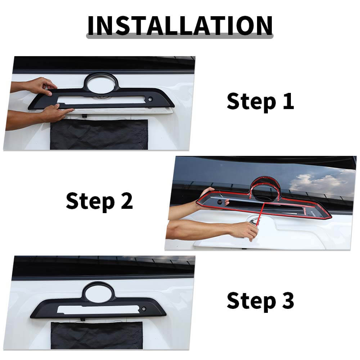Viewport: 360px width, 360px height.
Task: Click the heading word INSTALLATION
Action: click(x=180, y=26)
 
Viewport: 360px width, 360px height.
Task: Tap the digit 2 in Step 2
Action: click(x=127, y=201)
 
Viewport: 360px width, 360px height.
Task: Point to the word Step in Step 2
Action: click(x=90, y=202)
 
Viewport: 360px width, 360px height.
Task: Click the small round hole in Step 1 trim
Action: click(x=150, y=99)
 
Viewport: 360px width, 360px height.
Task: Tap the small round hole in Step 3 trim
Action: click(x=144, y=309)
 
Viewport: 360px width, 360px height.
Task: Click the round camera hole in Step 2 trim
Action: click(x=220, y=202)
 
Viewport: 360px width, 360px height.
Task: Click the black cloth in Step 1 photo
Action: click(x=99, y=134)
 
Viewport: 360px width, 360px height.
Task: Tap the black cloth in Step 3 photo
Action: click(x=96, y=336)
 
